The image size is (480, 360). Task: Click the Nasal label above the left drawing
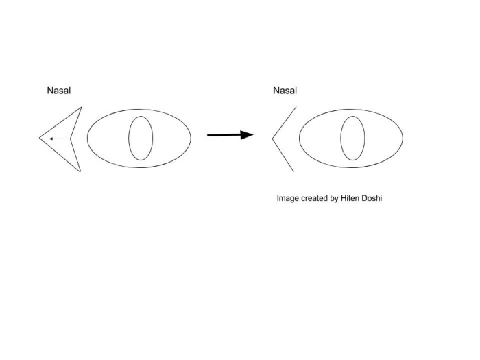pyautogui.click(x=59, y=90)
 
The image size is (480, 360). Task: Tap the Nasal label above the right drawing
pyautogui.click(x=285, y=90)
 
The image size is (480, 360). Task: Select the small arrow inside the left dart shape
pyautogui.click(x=57, y=139)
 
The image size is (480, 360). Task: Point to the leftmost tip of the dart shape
pyautogui.click(x=40, y=138)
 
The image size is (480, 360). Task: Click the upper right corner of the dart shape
pyautogui.click(x=81, y=107)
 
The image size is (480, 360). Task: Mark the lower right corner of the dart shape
pyautogui.click(x=81, y=171)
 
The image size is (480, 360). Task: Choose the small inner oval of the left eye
pyautogui.click(x=140, y=138)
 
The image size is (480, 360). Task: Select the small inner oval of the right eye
pyautogui.click(x=352, y=138)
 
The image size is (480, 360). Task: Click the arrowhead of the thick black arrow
pyautogui.click(x=248, y=134)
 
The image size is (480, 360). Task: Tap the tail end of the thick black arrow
pyautogui.click(x=208, y=135)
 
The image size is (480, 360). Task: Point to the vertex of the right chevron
pyautogui.click(x=272, y=139)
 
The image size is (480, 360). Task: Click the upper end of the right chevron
pyautogui.click(x=296, y=107)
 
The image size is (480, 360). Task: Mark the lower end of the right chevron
pyautogui.click(x=293, y=171)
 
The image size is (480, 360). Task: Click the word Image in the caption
pyautogui.click(x=288, y=198)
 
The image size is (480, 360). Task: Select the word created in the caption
pyautogui.click(x=315, y=198)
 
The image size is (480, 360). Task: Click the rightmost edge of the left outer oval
pyautogui.click(x=191, y=138)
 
